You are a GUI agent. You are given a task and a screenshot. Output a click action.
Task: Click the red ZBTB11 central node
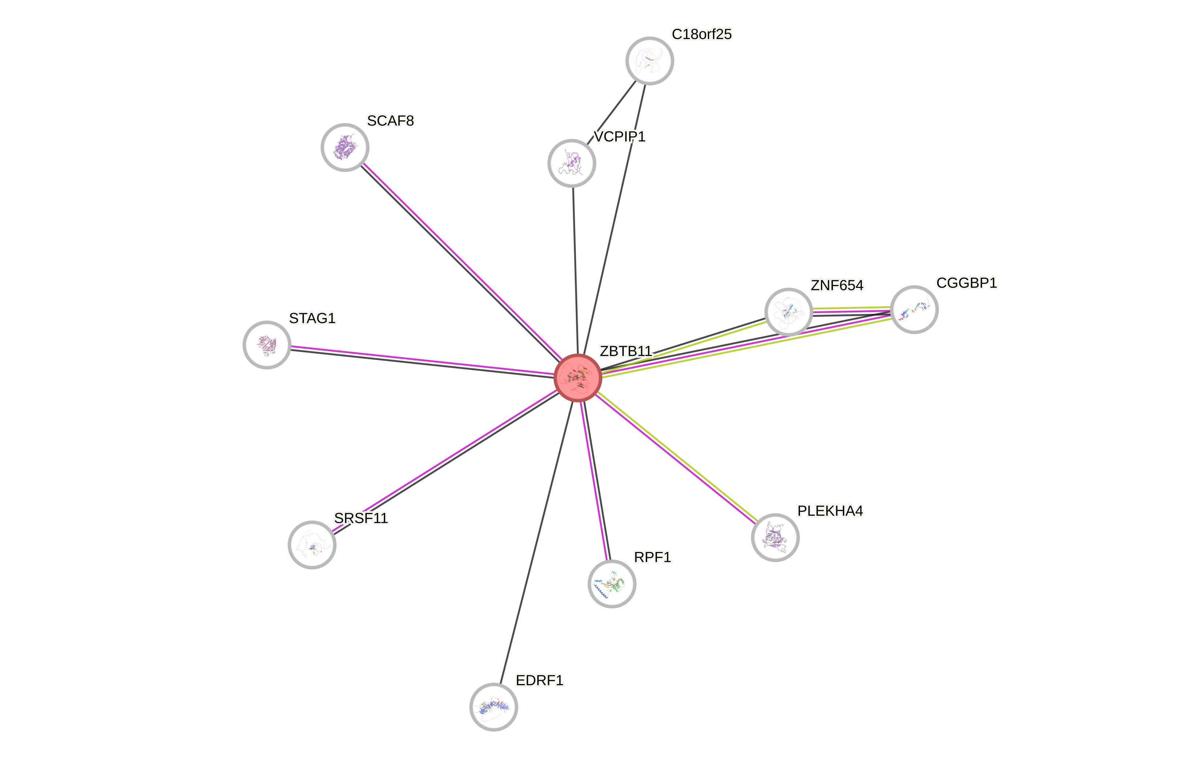coord(577,378)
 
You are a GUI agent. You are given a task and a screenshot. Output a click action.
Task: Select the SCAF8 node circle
coord(345,147)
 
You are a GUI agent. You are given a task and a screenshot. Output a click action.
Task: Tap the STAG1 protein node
coord(267,345)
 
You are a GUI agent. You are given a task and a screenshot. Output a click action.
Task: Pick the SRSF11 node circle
coord(312,545)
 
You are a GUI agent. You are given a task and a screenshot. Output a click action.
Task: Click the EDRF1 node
coord(493,707)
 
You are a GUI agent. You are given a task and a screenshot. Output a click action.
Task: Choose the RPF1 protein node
coord(612,584)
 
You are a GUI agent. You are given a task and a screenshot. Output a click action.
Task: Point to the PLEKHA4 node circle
coord(775,537)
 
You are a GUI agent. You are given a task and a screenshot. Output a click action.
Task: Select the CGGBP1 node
coord(914,310)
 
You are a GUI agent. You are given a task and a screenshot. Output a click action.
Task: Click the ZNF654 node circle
coord(788,312)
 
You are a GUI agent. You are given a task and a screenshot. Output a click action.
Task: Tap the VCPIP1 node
coord(571,163)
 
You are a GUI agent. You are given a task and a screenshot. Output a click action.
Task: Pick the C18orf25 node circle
coord(649,61)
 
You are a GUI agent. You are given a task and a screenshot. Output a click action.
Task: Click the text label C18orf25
coord(701,34)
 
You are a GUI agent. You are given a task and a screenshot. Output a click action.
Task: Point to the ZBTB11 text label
coord(626,351)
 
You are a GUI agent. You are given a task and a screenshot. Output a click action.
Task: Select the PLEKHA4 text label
coord(830,511)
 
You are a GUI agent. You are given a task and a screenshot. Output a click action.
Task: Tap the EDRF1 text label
coord(539,680)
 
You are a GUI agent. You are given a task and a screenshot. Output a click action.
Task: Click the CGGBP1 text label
coord(966,283)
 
